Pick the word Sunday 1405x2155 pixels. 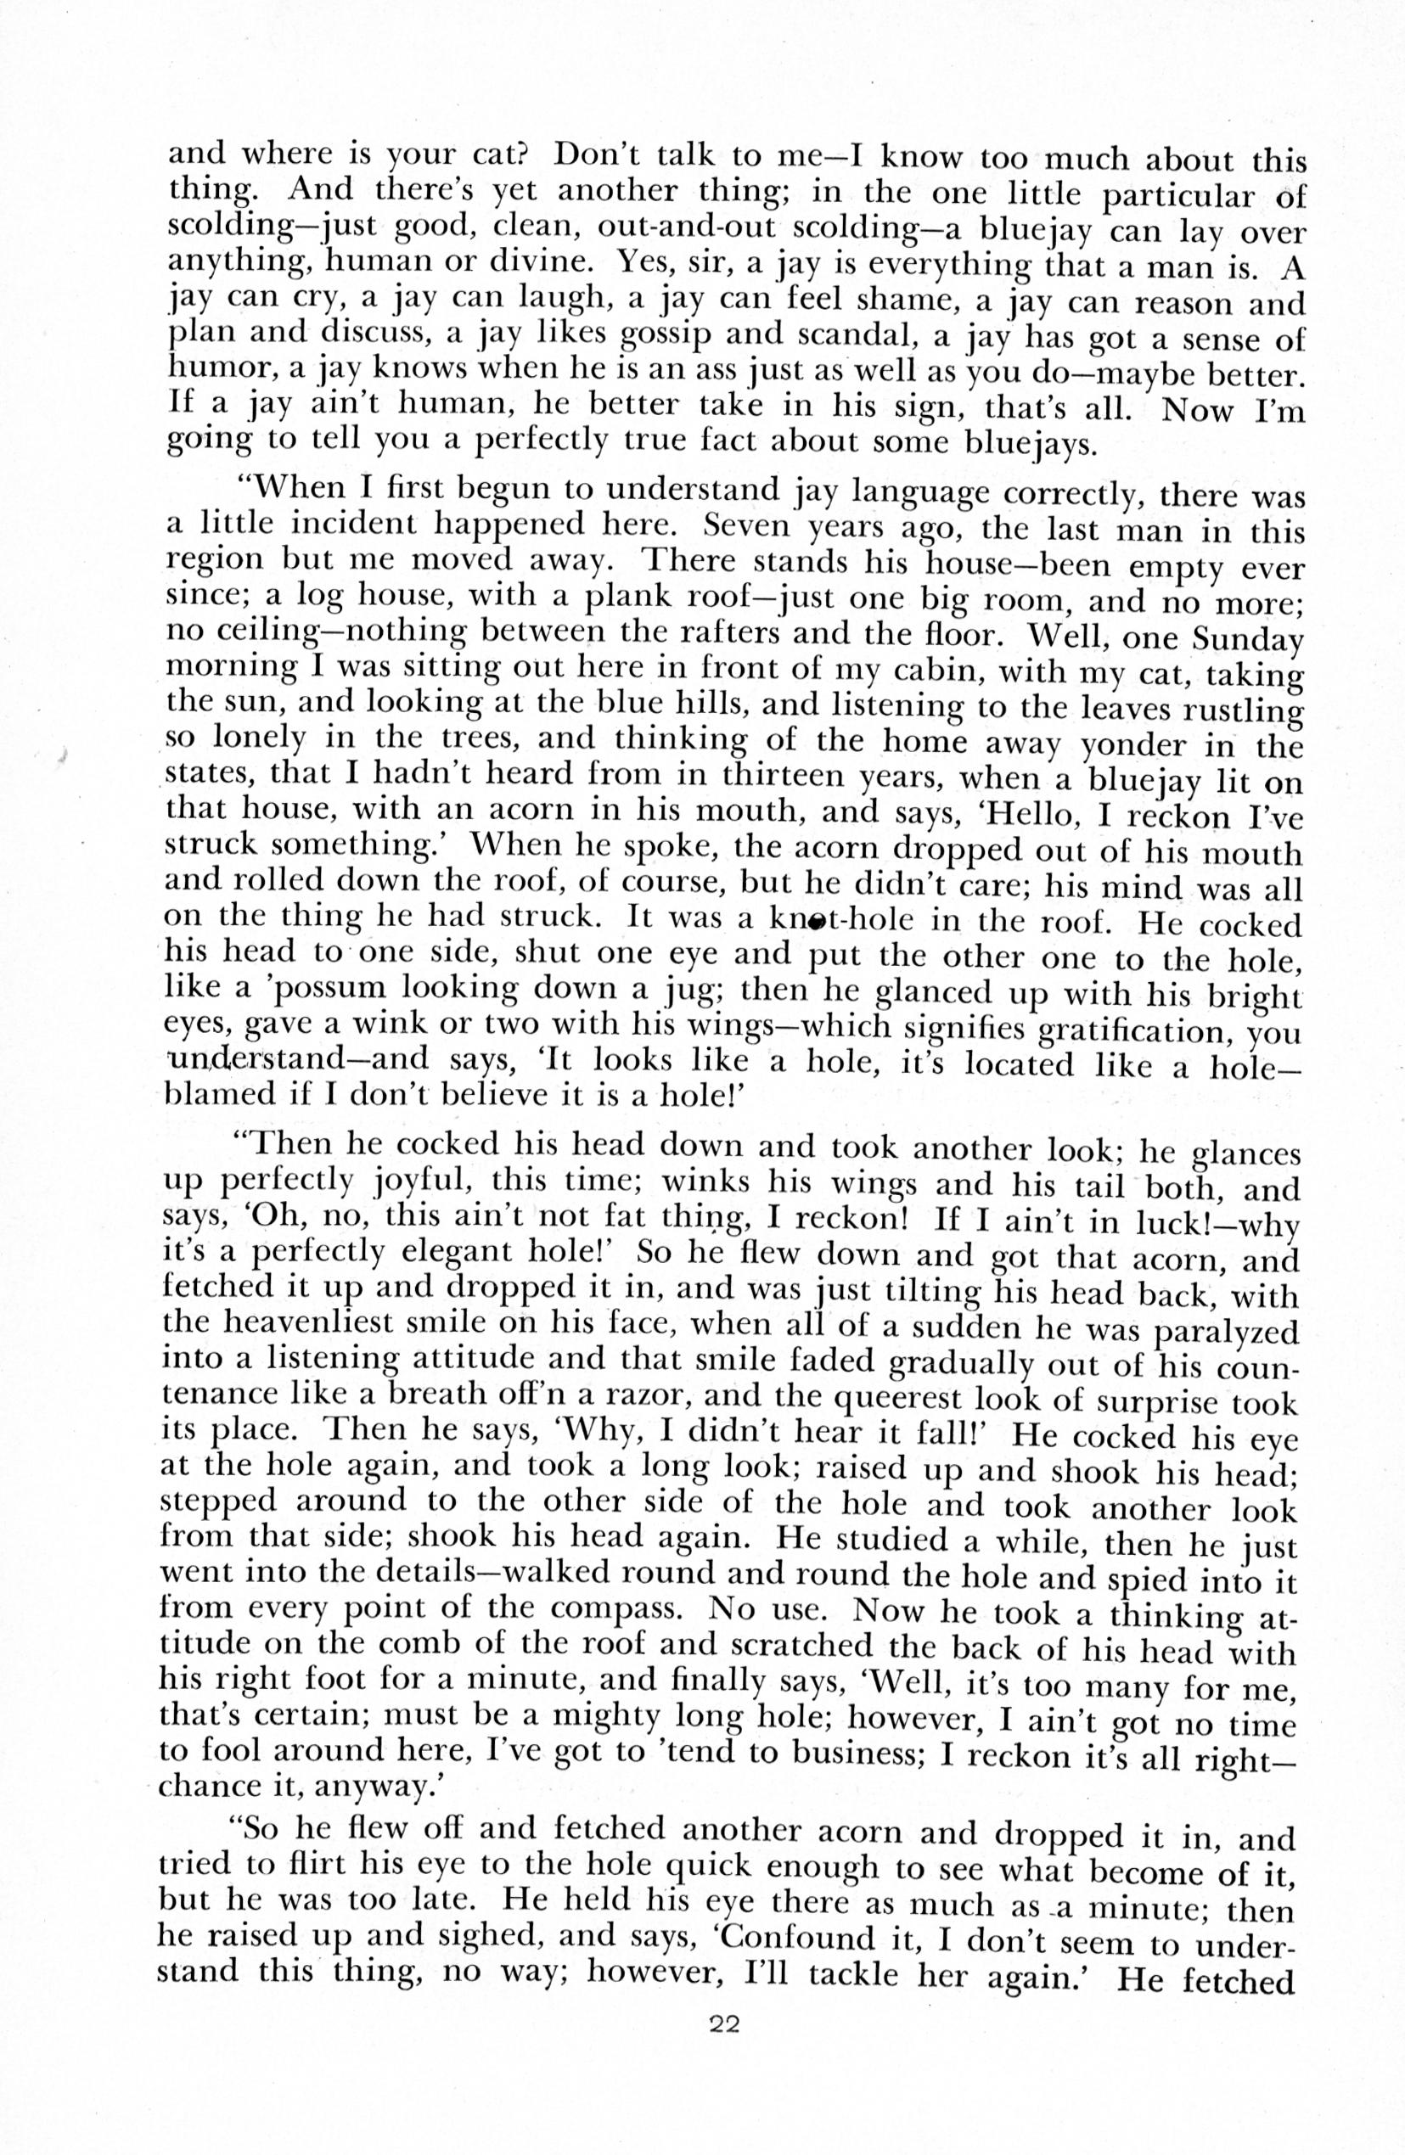click(1247, 639)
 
